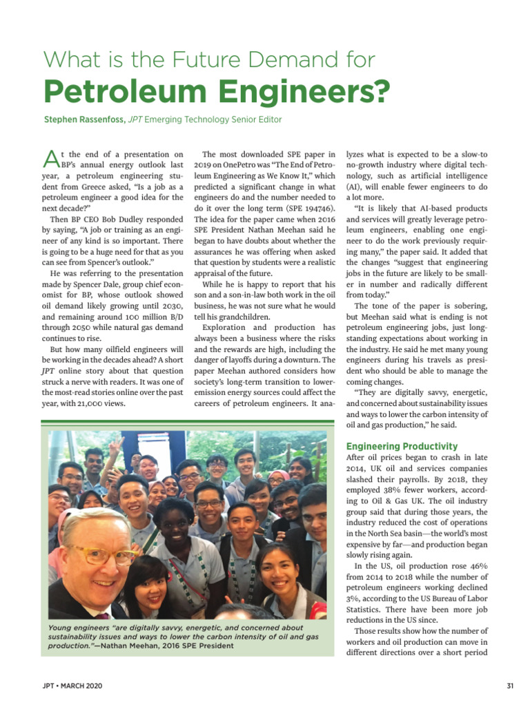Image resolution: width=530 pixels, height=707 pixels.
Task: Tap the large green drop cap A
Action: pos(49,160)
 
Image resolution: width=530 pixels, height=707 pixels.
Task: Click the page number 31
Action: pos(510,686)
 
